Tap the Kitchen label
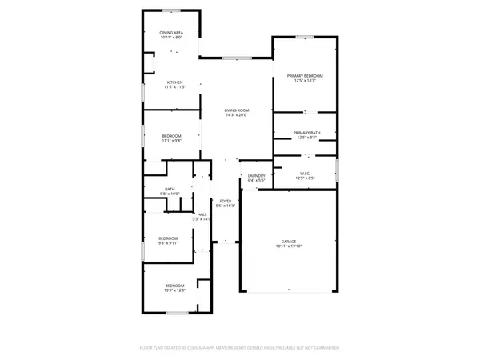click(x=174, y=82)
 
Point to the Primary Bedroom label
click(x=305, y=75)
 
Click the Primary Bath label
click(x=306, y=133)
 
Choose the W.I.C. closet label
click(x=306, y=172)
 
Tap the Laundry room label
click(x=256, y=175)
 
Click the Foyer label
click(x=226, y=200)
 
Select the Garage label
click(x=288, y=241)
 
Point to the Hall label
click(x=202, y=214)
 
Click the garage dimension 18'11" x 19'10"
click(x=288, y=246)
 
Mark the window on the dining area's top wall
click(x=171, y=10)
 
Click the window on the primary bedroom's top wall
click(x=305, y=37)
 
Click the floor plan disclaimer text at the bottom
click(x=240, y=348)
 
